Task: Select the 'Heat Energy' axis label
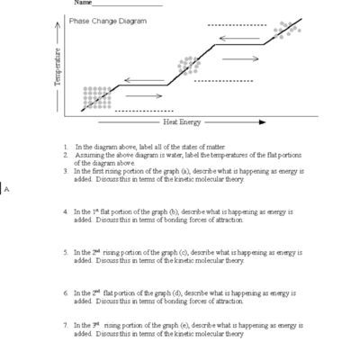point(182,121)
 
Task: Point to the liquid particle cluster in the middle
point(188,65)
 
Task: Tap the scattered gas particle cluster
point(287,29)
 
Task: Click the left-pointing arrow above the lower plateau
point(144,81)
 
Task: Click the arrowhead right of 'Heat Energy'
point(261,121)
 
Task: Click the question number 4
point(66,211)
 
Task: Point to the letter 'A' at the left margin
point(5,190)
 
